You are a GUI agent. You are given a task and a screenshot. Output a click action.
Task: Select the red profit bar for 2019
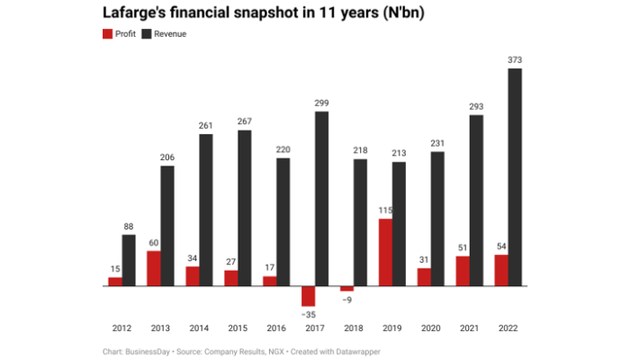pyautogui.click(x=385, y=252)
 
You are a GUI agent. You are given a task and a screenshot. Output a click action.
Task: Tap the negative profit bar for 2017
pyautogui.click(x=308, y=296)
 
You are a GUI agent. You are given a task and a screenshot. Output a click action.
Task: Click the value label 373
pyautogui.click(x=515, y=60)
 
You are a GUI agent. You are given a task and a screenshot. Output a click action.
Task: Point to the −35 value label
pyautogui.click(x=308, y=315)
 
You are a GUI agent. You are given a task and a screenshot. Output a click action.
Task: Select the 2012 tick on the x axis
pyautogui.click(x=122, y=330)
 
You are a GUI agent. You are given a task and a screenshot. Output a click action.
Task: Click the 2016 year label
pyautogui.click(x=276, y=330)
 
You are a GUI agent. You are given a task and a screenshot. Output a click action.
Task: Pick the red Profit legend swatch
pyautogui.click(x=108, y=33)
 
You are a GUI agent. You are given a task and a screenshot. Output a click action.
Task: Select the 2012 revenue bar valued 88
pyautogui.click(x=129, y=260)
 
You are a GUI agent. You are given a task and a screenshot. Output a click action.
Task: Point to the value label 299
pyautogui.click(x=321, y=103)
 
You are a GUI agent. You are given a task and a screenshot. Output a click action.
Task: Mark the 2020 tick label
pyautogui.click(x=431, y=330)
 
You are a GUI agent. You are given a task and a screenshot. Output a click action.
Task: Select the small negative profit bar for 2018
pyautogui.click(x=346, y=289)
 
